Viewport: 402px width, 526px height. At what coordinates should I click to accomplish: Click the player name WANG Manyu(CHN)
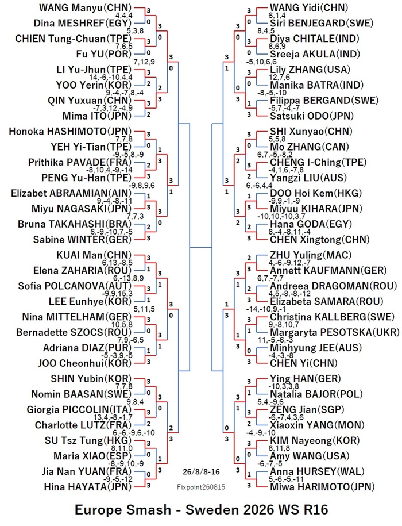coord(85,7)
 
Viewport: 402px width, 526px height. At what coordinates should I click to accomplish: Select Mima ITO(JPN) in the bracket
coord(97,116)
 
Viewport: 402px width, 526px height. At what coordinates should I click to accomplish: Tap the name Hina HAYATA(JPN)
coord(87,487)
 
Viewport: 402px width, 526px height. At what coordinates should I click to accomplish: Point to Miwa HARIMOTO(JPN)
coord(322,487)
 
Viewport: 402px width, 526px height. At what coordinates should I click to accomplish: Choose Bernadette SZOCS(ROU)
coord(74,332)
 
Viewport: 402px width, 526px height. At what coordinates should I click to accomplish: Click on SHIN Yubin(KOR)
coord(91,379)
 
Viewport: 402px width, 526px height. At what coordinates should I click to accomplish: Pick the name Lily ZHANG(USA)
coord(310,70)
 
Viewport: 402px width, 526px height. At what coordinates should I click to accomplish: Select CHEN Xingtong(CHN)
coord(319,240)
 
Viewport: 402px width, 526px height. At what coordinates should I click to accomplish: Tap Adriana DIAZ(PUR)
coord(87,348)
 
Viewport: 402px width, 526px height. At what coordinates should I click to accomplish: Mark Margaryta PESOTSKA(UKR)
coord(335,332)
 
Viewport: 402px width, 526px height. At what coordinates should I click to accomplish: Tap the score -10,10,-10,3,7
coord(281,216)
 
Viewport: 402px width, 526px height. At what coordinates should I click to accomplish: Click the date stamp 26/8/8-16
coord(202,471)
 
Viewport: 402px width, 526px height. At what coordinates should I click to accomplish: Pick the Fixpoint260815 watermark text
coord(201,487)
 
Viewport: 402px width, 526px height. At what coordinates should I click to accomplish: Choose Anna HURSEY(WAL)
coord(317,471)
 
